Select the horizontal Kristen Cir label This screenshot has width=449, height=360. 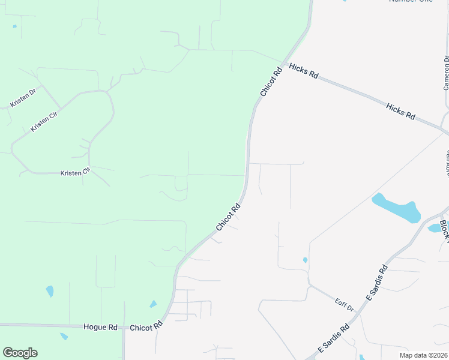tap(75, 172)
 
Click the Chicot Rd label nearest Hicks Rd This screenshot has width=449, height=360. tap(271, 83)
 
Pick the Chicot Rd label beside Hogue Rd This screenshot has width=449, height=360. tap(146, 327)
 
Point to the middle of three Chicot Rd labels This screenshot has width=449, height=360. tap(228, 217)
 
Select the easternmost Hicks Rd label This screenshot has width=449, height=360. tap(400, 112)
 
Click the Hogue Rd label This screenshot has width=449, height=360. tap(100, 327)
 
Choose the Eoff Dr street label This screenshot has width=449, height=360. tap(345, 305)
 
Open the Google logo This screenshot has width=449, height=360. tap(20, 353)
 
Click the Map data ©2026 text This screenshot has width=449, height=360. tap(423, 355)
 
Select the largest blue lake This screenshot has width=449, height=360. tap(396, 208)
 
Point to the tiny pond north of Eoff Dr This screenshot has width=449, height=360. tap(306, 260)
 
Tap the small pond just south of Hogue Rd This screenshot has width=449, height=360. tap(64, 337)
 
